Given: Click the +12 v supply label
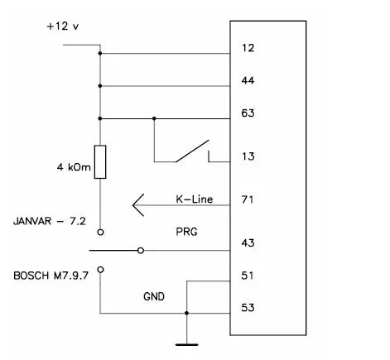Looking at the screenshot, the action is coord(63,26).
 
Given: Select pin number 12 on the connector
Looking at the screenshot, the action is coord(248,48).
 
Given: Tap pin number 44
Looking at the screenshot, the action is coord(248,80).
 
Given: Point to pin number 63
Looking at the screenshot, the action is coord(248,113).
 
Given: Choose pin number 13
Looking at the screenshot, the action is coord(248,156).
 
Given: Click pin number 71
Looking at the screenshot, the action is coord(248,199).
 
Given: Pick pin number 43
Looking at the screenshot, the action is coord(248,243).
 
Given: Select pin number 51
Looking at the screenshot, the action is coord(248,276).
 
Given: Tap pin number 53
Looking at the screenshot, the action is coord(248,308).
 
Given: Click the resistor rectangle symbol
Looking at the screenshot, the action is coord(100,162).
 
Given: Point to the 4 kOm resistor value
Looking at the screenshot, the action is coord(74,167).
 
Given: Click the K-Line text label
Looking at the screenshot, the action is coord(195,199).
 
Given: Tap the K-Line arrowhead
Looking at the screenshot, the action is coord(138,205).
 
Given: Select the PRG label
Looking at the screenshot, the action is coord(186,232).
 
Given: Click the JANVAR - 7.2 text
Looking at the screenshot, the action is coord(50,221).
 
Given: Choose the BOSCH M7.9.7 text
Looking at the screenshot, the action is coord(51,276).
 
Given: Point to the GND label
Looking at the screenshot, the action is coord(154,296).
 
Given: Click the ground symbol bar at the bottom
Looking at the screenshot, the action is coord(187,344).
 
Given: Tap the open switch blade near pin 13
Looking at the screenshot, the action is coord(192,151).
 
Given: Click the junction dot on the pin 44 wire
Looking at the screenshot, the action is coord(100,86).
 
